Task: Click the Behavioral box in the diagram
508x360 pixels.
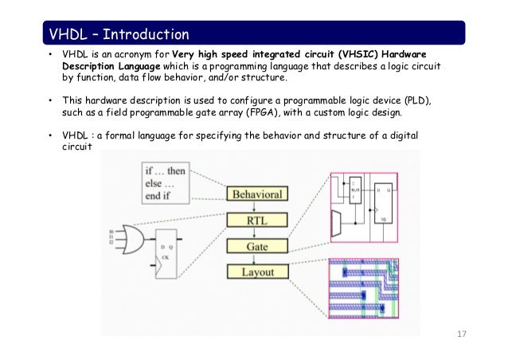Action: click(257, 194)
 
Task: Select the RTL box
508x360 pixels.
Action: click(257, 220)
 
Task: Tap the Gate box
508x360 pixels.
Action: click(257, 246)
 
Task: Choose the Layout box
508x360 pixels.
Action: click(257, 272)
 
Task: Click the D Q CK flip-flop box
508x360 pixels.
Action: click(169, 248)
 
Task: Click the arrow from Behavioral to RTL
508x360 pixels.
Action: click(257, 206)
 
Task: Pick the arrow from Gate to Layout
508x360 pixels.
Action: click(257, 259)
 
